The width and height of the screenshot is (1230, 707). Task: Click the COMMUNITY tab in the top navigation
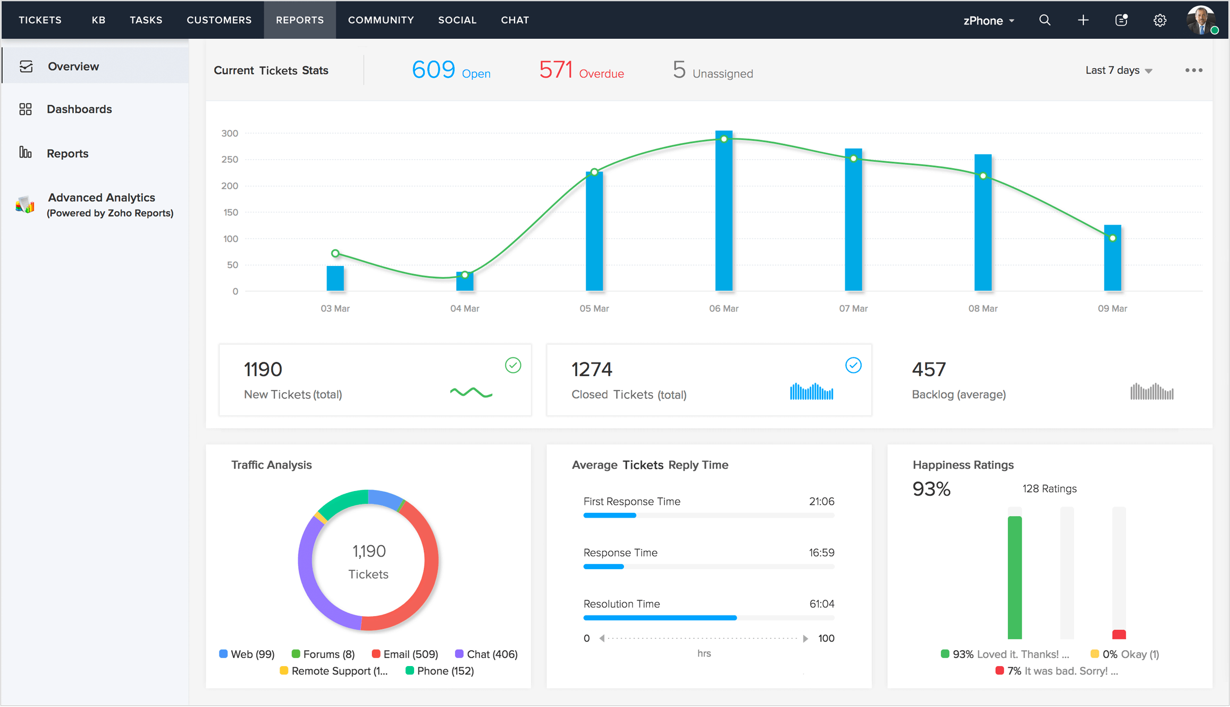381,20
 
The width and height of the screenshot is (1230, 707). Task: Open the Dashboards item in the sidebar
79,109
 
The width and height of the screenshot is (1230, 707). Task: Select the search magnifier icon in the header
1044,20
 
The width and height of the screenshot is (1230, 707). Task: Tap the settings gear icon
1159,20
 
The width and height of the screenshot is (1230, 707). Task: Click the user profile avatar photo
1200,20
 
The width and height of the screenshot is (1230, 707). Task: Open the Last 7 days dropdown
1118,70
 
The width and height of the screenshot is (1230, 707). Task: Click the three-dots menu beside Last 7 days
1193,70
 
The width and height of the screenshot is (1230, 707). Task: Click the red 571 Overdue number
555,70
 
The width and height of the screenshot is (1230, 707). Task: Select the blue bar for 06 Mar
723,213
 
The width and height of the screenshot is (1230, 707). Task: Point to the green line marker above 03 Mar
335,253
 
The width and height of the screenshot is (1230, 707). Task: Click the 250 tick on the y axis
230,160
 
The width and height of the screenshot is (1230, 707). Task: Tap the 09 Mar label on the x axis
1112,309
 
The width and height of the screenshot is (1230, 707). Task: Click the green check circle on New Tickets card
512,365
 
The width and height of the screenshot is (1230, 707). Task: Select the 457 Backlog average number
929,369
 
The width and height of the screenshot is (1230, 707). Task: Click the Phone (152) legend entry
440,671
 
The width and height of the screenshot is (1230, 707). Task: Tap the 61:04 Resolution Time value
821,604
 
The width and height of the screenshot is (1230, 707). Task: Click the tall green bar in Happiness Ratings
1014,577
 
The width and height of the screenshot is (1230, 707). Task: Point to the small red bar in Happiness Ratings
1119,634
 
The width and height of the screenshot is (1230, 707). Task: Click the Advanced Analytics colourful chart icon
25,205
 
